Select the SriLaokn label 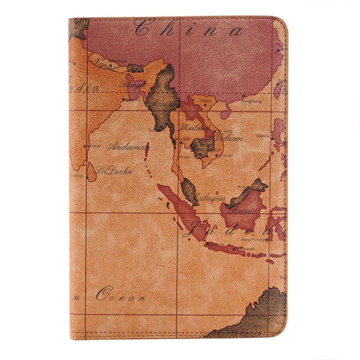coord(114,170)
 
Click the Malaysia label coord(210,199)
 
